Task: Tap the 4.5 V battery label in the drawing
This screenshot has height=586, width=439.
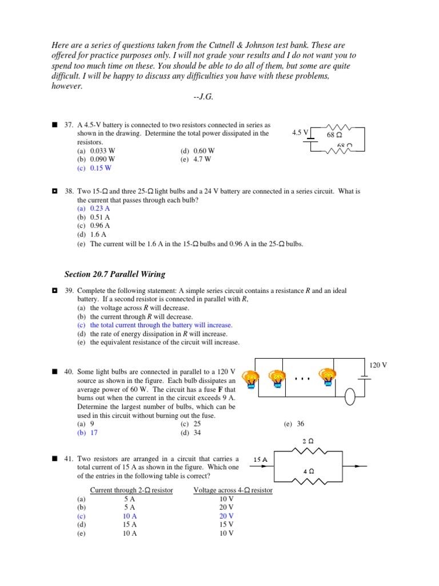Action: (300, 133)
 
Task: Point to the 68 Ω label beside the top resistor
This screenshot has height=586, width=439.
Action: (334, 136)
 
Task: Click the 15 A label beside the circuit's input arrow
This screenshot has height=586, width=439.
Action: (261, 460)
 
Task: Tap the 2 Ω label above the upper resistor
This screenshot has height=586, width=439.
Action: (308, 441)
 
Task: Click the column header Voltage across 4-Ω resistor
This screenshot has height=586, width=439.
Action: (233, 490)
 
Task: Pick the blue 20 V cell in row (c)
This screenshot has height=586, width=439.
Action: (226, 516)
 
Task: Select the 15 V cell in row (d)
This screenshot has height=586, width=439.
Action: (226, 524)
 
